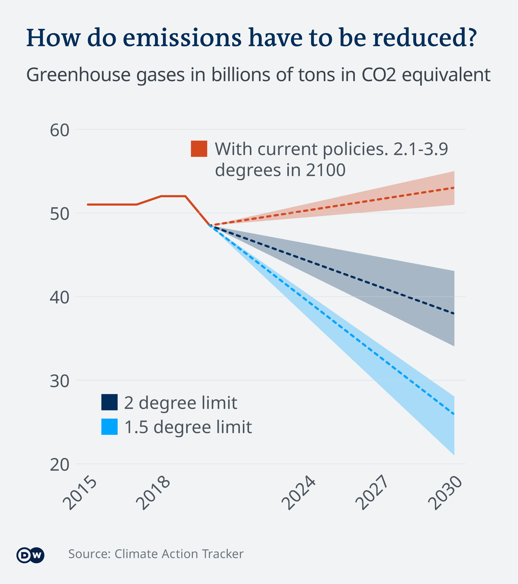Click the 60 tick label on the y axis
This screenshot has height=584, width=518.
tap(60, 131)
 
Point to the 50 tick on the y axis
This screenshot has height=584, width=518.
tap(60, 214)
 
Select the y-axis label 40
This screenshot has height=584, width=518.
tap(60, 298)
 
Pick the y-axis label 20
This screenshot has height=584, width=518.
tap(60, 465)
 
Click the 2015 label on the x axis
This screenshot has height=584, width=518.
tap(80, 493)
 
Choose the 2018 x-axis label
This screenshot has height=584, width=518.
tap(153, 493)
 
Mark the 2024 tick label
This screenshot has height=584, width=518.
tap(298, 493)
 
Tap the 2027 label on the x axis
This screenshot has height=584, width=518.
tap(372, 493)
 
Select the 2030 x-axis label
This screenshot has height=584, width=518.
tap(445, 493)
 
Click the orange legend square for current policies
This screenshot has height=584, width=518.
tap(199, 148)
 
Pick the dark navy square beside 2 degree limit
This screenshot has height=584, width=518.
tap(110, 402)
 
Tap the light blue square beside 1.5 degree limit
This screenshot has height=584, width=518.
tap(110, 427)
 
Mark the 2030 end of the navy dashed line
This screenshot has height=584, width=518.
tap(454, 314)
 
